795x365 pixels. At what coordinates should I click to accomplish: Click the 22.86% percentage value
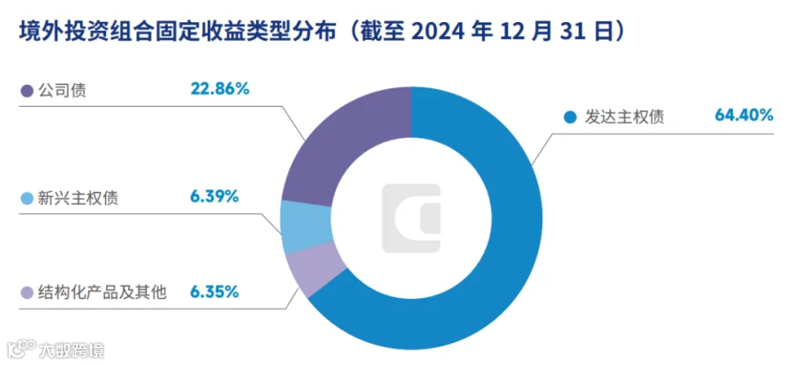pyautogui.click(x=220, y=90)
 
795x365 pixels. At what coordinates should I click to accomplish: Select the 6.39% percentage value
pyautogui.click(x=214, y=197)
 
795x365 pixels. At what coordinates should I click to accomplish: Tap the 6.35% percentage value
pyautogui.click(x=214, y=292)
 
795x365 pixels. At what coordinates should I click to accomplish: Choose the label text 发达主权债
pyautogui.click(x=625, y=118)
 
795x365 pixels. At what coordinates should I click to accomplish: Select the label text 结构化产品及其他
pyautogui.click(x=102, y=293)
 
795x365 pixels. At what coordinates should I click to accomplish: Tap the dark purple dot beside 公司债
pyautogui.click(x=26, y=91)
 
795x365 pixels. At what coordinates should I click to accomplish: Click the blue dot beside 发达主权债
pyautogui.click(x=571, y=118)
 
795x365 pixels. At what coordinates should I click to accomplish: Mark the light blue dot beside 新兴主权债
pyautogui.click(x=26, y=198)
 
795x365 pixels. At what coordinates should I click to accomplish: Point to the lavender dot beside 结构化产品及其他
pyautogui.click(x=26, y=293)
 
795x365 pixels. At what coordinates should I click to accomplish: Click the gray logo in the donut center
pyautogui.click(x=411, y=218)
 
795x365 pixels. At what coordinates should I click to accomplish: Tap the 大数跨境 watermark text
pyautogui.click(x=73, y=349)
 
